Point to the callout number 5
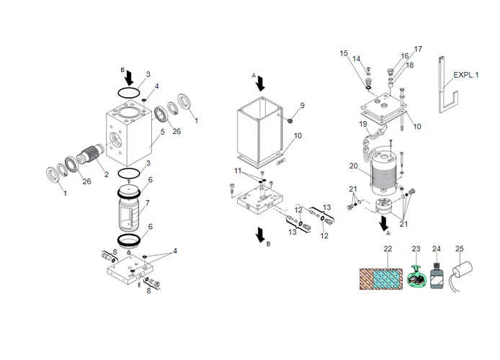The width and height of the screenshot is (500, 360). click(163, 132)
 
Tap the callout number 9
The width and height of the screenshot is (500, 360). click(302, 105)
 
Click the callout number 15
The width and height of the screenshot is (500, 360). click(343, 53)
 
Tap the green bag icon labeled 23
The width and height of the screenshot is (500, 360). click(415, 277)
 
